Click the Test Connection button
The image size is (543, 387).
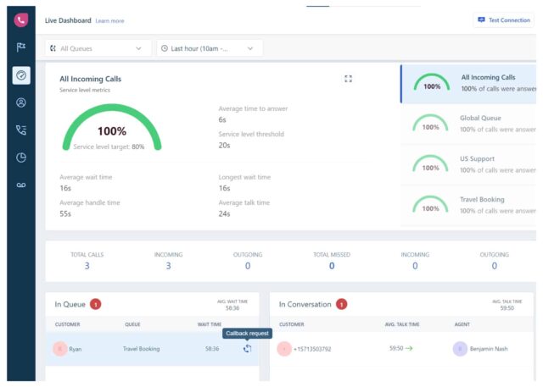coord(504,19)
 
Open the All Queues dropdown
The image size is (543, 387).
coord(98,48)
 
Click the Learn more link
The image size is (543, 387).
coord(109,20)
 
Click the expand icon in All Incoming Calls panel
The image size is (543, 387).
coord(348,79)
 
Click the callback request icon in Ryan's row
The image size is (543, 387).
coord(247,348)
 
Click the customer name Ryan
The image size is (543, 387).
coord(76,348)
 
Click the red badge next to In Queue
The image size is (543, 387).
coord(95,304)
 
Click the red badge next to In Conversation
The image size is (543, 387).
coord(341,304)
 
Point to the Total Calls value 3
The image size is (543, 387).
coord(87,266)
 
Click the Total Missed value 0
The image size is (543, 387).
coord(331,266)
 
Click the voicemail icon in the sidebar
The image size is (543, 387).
coord(21,185)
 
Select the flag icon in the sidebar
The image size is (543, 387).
coord(21,47)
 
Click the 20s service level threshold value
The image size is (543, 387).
coord(223,145)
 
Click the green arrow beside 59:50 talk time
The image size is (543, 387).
coord(409,348)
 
